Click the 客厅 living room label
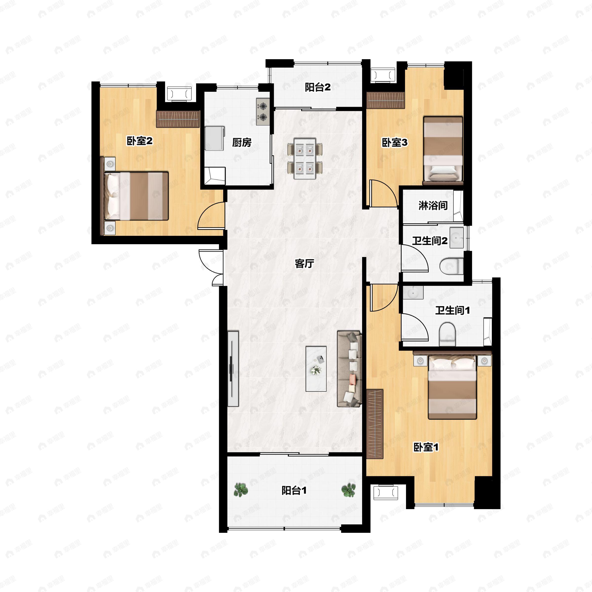304,263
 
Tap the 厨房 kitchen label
242,143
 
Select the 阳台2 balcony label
318,88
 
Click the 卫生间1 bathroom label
453,310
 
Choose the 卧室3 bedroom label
394,143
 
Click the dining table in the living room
305,158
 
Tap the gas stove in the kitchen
263,112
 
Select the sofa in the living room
349,369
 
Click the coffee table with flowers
316,369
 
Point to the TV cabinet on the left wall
233,369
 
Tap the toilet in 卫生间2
452,266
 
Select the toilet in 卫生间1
447,334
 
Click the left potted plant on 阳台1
241,490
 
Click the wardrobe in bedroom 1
375,424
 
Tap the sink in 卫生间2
457,238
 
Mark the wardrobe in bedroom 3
386,100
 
